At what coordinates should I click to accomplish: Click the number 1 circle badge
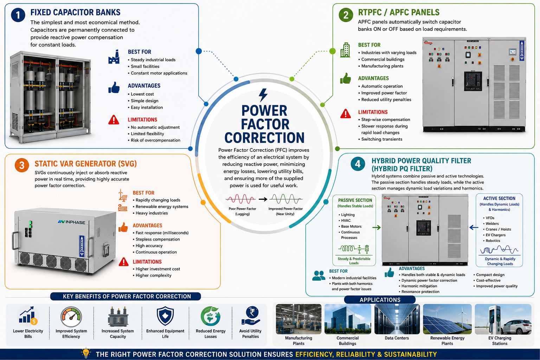[18, 15]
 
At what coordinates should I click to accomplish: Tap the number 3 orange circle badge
[22, 165]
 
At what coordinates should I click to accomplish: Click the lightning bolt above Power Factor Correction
[263, 95]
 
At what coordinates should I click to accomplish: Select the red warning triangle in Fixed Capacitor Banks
[114, 120]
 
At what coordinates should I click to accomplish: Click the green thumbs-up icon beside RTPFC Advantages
[346, 78]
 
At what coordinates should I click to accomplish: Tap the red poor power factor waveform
[240, 199]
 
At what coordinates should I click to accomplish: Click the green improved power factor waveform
[286, 199]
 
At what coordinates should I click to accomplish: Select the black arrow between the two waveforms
[263, 199]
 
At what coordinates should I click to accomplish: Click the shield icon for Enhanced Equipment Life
[165, 316]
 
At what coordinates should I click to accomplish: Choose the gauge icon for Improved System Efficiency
[71, 317]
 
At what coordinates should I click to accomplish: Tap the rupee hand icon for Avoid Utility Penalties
[251, 316]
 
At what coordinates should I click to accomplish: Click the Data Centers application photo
[397, 319]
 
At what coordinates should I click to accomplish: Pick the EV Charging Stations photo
[503, 319]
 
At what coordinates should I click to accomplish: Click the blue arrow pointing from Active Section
[474, 227]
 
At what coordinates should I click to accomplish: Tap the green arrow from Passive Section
[377, 227]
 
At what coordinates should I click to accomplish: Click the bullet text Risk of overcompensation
[155, 140]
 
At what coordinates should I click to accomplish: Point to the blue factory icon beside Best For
[114, 57]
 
